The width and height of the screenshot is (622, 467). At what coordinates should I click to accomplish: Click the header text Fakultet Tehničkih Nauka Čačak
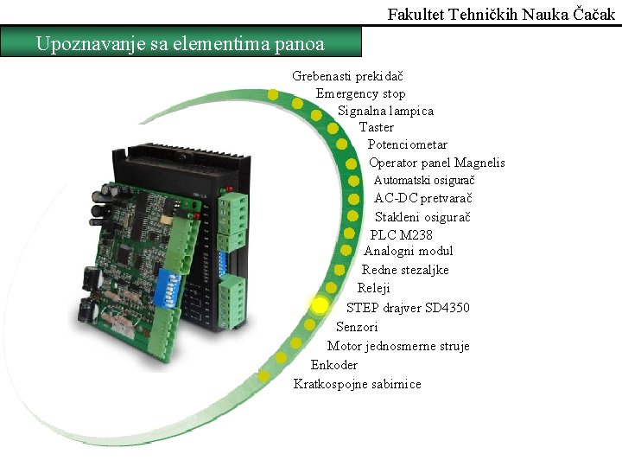501,15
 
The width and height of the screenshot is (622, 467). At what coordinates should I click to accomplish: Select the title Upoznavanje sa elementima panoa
181,43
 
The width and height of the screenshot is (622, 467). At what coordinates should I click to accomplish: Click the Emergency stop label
360,93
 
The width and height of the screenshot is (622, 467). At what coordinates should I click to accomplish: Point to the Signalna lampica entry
385,111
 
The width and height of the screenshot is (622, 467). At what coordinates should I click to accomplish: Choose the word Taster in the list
377,127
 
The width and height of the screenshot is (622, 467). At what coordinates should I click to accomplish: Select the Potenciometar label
408,144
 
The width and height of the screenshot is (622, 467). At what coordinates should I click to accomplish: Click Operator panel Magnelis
436,163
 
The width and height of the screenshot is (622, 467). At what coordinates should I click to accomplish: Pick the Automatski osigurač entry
424,180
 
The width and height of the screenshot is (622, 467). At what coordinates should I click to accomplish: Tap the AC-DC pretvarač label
423,198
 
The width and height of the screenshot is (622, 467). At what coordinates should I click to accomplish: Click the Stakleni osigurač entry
422,216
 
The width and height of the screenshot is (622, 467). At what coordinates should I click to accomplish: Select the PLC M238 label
401,234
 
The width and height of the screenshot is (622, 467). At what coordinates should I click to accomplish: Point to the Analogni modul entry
408,251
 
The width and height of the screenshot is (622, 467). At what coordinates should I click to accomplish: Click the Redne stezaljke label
405,270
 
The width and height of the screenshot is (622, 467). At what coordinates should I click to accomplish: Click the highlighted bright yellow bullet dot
320,305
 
